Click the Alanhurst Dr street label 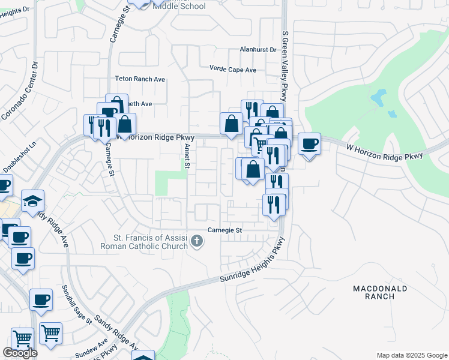(257, 50)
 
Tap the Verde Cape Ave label (233, 70)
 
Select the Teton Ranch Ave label (140, 79)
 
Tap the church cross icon (196, 242)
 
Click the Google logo (20, 353)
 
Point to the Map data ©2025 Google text (411, 355)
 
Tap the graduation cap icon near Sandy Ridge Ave (32, 201)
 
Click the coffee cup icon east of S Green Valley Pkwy (309, 144)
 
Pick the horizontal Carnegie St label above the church (224, 230)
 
